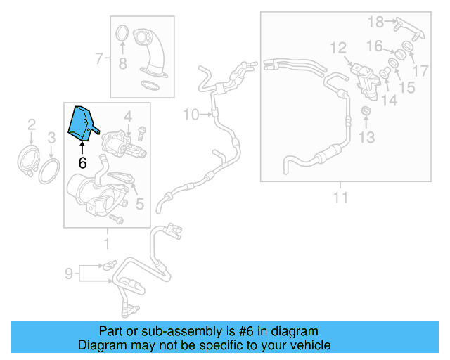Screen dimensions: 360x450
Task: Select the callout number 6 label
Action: pyautogui.click(x=82, y=162)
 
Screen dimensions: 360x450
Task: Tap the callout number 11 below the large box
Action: pyautogui.click(x=340, y=198)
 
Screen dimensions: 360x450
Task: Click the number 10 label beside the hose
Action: pyautogui.click(x=191, y=115)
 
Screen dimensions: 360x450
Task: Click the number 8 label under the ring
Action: pyautogui.click(x=122, y=65)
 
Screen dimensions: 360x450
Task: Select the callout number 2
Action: pyautogui.click(x=32, y=125)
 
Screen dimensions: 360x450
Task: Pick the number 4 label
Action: pyautogui.click(x=128, y=115)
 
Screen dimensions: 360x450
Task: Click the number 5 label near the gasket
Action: pyautogui.click(x=140, y=205)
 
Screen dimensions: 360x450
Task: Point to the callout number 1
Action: pyautogui.click(x=107, y=244)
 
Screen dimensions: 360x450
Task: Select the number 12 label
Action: pyautogui.click(x=338, y=48)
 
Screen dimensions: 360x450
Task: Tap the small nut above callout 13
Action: pyautogui.click(x=366, y=112)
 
